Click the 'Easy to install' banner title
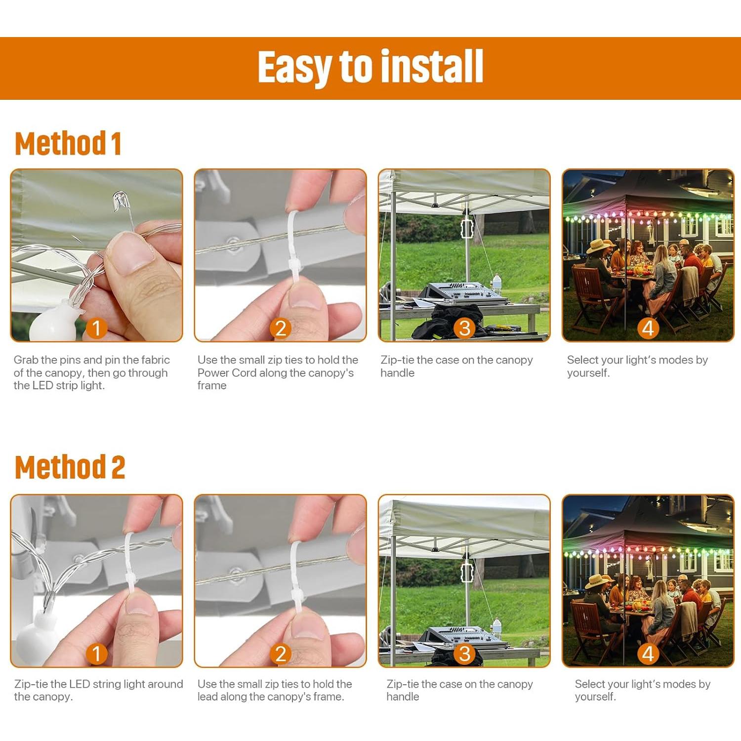[370, 68]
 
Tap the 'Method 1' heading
[68, 144]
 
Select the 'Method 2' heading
[70, 467]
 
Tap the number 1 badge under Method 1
[96, 328]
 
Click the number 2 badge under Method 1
[281, 328]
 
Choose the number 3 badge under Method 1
[464, 328]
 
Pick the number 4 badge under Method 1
[648, 328]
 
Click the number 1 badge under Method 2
[96, 654]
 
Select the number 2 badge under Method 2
[281, 654]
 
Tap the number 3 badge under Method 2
[464, 654]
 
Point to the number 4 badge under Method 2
[648, 654]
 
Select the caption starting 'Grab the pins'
[92, 373]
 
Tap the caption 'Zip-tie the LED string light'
[98, 690]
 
